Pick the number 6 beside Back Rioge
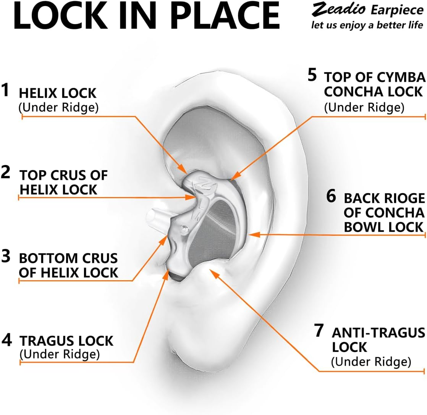331,196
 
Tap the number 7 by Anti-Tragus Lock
319,331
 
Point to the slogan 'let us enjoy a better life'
367,25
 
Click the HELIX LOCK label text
58,93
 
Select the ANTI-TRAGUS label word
378,333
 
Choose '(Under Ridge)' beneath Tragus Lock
60,354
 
